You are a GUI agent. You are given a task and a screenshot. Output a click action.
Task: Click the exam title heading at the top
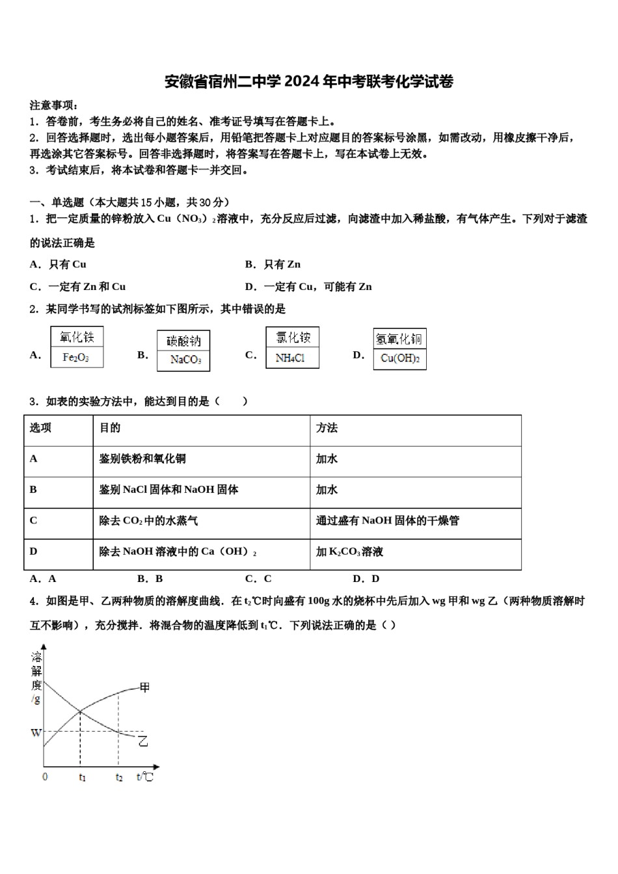[x=308, y=81]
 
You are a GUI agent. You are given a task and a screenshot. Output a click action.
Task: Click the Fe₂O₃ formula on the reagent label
[x=76, y=358]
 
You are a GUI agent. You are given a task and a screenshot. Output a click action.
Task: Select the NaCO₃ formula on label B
[x=185, y=360]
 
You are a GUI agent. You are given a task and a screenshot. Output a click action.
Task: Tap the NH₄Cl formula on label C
[x=290, y=358]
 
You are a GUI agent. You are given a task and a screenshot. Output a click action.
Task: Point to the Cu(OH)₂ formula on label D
[x=399, y=358]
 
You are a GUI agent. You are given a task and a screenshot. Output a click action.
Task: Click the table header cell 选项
[x=41, y=428]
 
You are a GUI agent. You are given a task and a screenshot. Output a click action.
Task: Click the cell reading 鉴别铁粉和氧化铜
[x=142, y=459]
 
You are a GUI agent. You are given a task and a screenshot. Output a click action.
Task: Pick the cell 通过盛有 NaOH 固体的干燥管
[x=388, y=521]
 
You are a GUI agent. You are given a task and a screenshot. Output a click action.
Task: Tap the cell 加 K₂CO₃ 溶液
[x=349, y=551]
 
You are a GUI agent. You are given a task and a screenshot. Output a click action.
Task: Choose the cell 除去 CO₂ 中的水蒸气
[x=149, y=521]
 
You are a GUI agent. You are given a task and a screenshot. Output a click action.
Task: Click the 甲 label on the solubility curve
[x=144, y=687]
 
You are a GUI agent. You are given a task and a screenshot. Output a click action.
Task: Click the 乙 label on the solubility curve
[x=143, y=741]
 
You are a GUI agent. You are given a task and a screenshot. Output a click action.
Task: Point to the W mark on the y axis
[x=36, y=733]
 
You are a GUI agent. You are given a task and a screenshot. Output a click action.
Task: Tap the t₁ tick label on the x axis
[x=82, y=777]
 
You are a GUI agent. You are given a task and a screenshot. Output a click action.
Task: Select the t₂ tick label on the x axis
[x=119, y=777]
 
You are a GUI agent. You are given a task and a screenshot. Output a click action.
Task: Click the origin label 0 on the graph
[x=45, y=776]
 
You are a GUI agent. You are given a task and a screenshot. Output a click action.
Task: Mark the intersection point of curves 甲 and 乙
[x=80, y=711]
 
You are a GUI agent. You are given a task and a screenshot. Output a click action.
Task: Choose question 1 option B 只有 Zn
[x=273, y=264]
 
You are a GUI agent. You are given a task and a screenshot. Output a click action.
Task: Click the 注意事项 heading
[x=54, y=105]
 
